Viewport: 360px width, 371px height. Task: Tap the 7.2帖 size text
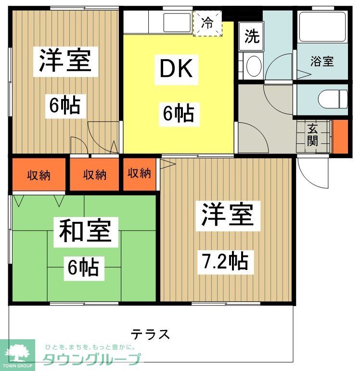pyautogui.click(x=225, y=261)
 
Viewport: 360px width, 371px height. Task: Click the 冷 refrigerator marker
pyautogui.click(x=208, y=23)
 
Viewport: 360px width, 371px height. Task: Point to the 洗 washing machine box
pyautogui.click(x=251, y=37)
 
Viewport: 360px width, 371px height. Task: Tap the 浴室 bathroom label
pyautogui.click(x=322, y=62)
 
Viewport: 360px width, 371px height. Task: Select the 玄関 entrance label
pyautogui.click(x=313, y=136)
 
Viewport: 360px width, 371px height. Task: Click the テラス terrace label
pyautogui.click(x=150, y=333)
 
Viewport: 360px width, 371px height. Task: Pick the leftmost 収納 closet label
pyautogui.click(x=39, y=175)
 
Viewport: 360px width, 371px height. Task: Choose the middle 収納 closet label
pyautogui.click(x=94, y=175)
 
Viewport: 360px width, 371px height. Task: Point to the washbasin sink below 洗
pyautogui.click(x=252, y=66)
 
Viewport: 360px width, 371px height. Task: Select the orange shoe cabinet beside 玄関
pyautogui.click(x=340, y=137)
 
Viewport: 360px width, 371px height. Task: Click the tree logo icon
pyautogui.click(x=17, y=353)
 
